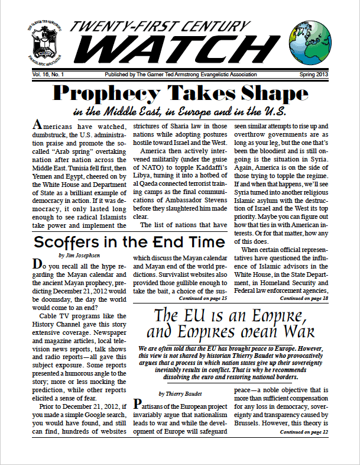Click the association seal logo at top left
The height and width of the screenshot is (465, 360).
(41, 44)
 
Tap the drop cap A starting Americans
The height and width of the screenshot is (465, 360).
(37, 125)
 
